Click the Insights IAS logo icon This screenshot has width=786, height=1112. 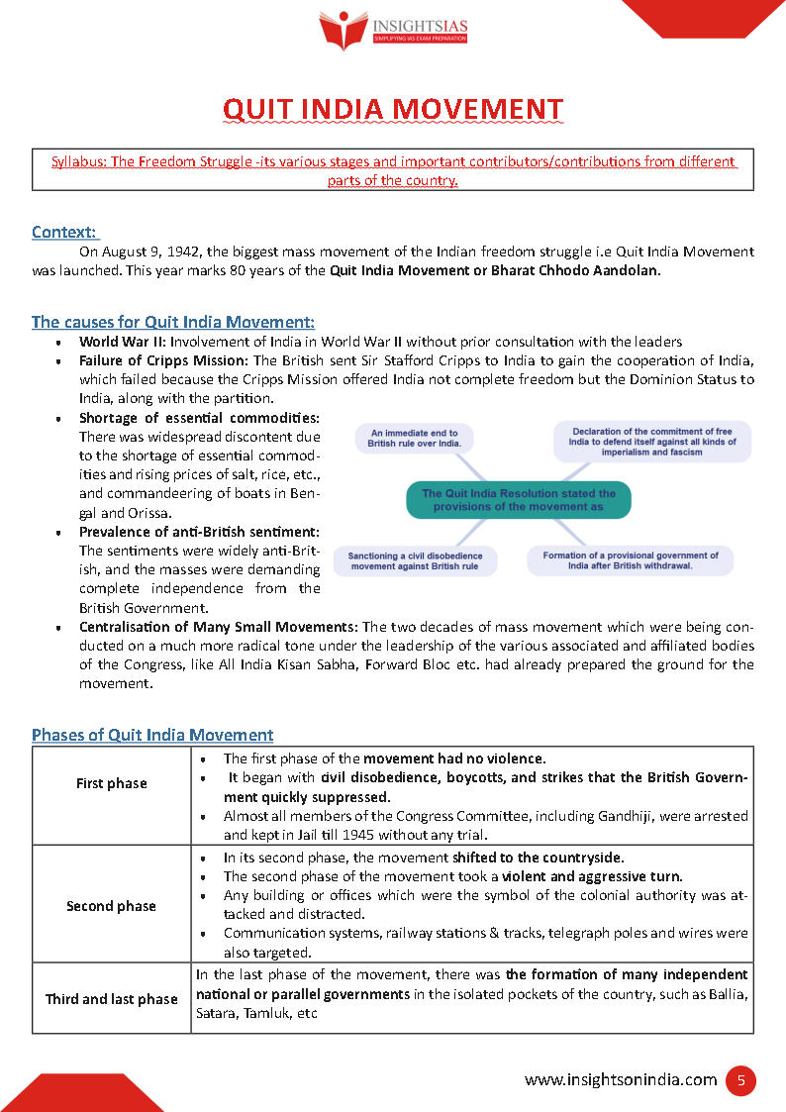[x=343, y=29]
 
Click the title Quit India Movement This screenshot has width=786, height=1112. [x=393, y=109]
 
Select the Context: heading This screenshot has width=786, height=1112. [x=64, y=232]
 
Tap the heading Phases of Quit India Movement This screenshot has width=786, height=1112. [x=152, y=735]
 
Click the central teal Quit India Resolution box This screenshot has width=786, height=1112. [x=518, y=499]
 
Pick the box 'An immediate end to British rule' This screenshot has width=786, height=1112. [x=414, y=439]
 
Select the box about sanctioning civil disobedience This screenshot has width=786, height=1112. [x=413, y=561]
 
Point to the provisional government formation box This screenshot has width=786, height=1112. [x=631, y=560]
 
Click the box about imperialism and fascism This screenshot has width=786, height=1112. [x=650, y=442]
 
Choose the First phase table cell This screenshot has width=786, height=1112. [x=111, y=783]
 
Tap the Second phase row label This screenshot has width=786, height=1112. [x=111, y=906]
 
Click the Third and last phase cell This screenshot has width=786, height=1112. [x=111, y=999]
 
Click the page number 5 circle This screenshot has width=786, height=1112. [x=739, y=1080]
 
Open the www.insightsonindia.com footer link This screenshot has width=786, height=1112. [x=621, y=1080]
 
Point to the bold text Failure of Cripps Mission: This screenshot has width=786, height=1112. [x=164, y=360]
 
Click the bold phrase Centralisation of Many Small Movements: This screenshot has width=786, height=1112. [x=219, y=627]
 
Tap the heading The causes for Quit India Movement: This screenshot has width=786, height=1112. [x=173, y=322]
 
